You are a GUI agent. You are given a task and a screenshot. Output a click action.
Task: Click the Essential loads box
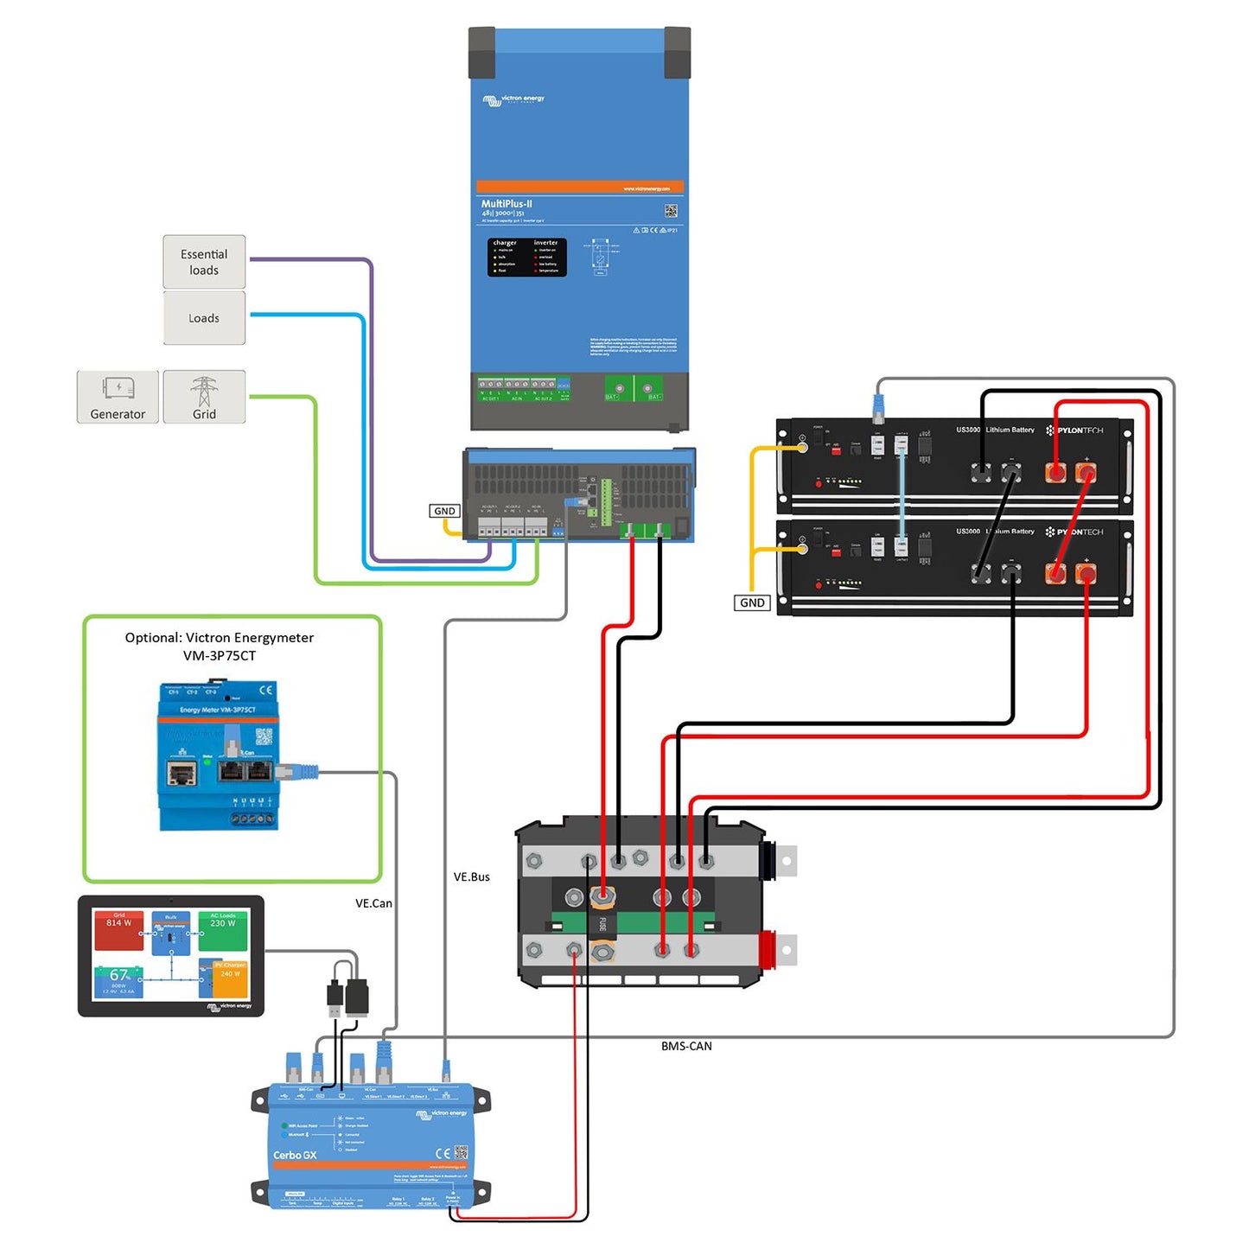click(x=204, y=262)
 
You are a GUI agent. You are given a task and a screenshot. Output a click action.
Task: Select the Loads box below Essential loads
click(x=204, y=318)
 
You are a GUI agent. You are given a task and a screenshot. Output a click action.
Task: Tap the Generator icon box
click(x=118, y=397)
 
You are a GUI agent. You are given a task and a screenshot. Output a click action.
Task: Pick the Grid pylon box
click(x=204, y=397)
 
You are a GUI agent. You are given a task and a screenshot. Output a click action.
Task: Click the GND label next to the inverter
click(x=444, y=511)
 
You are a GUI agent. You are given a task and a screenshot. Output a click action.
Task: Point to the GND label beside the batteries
click(x=752, y=602)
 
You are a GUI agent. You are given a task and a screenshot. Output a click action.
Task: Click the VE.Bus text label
click(x=471, y=876)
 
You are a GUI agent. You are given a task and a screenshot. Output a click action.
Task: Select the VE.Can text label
click(x=373, y=903)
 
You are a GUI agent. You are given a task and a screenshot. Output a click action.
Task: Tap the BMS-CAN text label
click(x=686, y=1046)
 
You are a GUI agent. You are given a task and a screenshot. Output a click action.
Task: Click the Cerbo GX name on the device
click(x=295, y=1155)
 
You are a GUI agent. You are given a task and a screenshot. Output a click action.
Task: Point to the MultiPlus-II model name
click(x=507, y=204)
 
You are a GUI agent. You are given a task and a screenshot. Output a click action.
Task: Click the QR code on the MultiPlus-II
click(x=671, y=211)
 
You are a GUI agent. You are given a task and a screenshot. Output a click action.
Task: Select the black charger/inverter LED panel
click(x=526, y=257)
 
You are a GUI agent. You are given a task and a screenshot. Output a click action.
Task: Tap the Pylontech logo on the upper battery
click(x=1074, y=430)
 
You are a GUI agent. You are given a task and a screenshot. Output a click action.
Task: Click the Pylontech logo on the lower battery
click(x=1074, y=532)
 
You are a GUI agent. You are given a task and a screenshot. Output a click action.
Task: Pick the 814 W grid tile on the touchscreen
click(x=119, y=929)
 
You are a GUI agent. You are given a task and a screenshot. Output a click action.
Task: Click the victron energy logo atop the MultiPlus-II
click(x=513, y=100)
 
